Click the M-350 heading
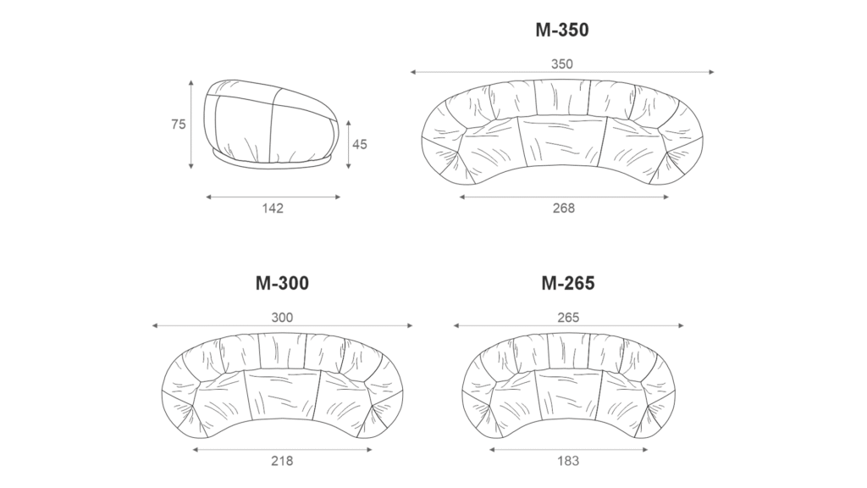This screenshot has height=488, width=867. (x=562, y=30)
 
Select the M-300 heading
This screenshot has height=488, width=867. (x=282, y=283)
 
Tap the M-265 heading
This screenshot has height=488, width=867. (x=568, y=283)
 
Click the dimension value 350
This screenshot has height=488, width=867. (x=562, y=64)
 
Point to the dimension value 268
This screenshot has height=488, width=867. (x=563, y=208)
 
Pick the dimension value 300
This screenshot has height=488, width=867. (x=282, y=318)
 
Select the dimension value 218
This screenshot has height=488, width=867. (x=282, y=461)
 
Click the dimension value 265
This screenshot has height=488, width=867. (x=568, y=318)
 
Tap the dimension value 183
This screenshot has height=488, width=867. (x=568, y=461)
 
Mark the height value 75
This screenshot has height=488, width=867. (x=178, y=125)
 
